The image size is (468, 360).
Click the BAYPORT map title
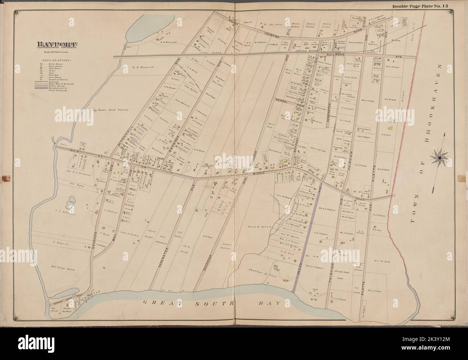coord(57,45)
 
